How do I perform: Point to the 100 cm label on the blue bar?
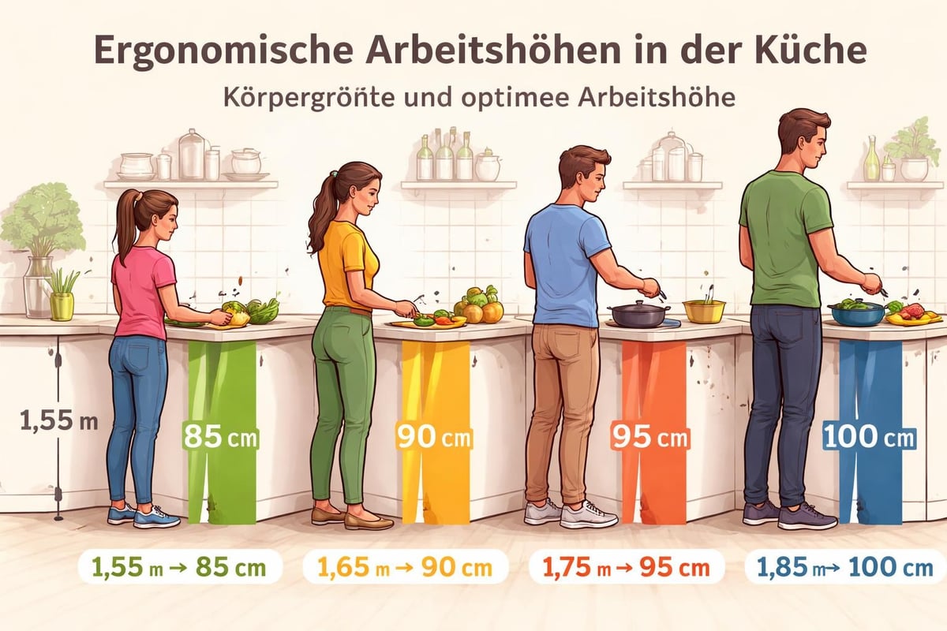click(x=869, y=436)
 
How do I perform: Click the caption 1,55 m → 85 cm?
click(x=181, y=567)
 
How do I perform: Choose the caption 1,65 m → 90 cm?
click(x=405, y=567)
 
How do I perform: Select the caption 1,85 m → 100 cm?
click(x=845, y=567)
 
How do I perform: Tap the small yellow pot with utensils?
click(x=704, y=310)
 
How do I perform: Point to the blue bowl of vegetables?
click(x=856, y=312)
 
